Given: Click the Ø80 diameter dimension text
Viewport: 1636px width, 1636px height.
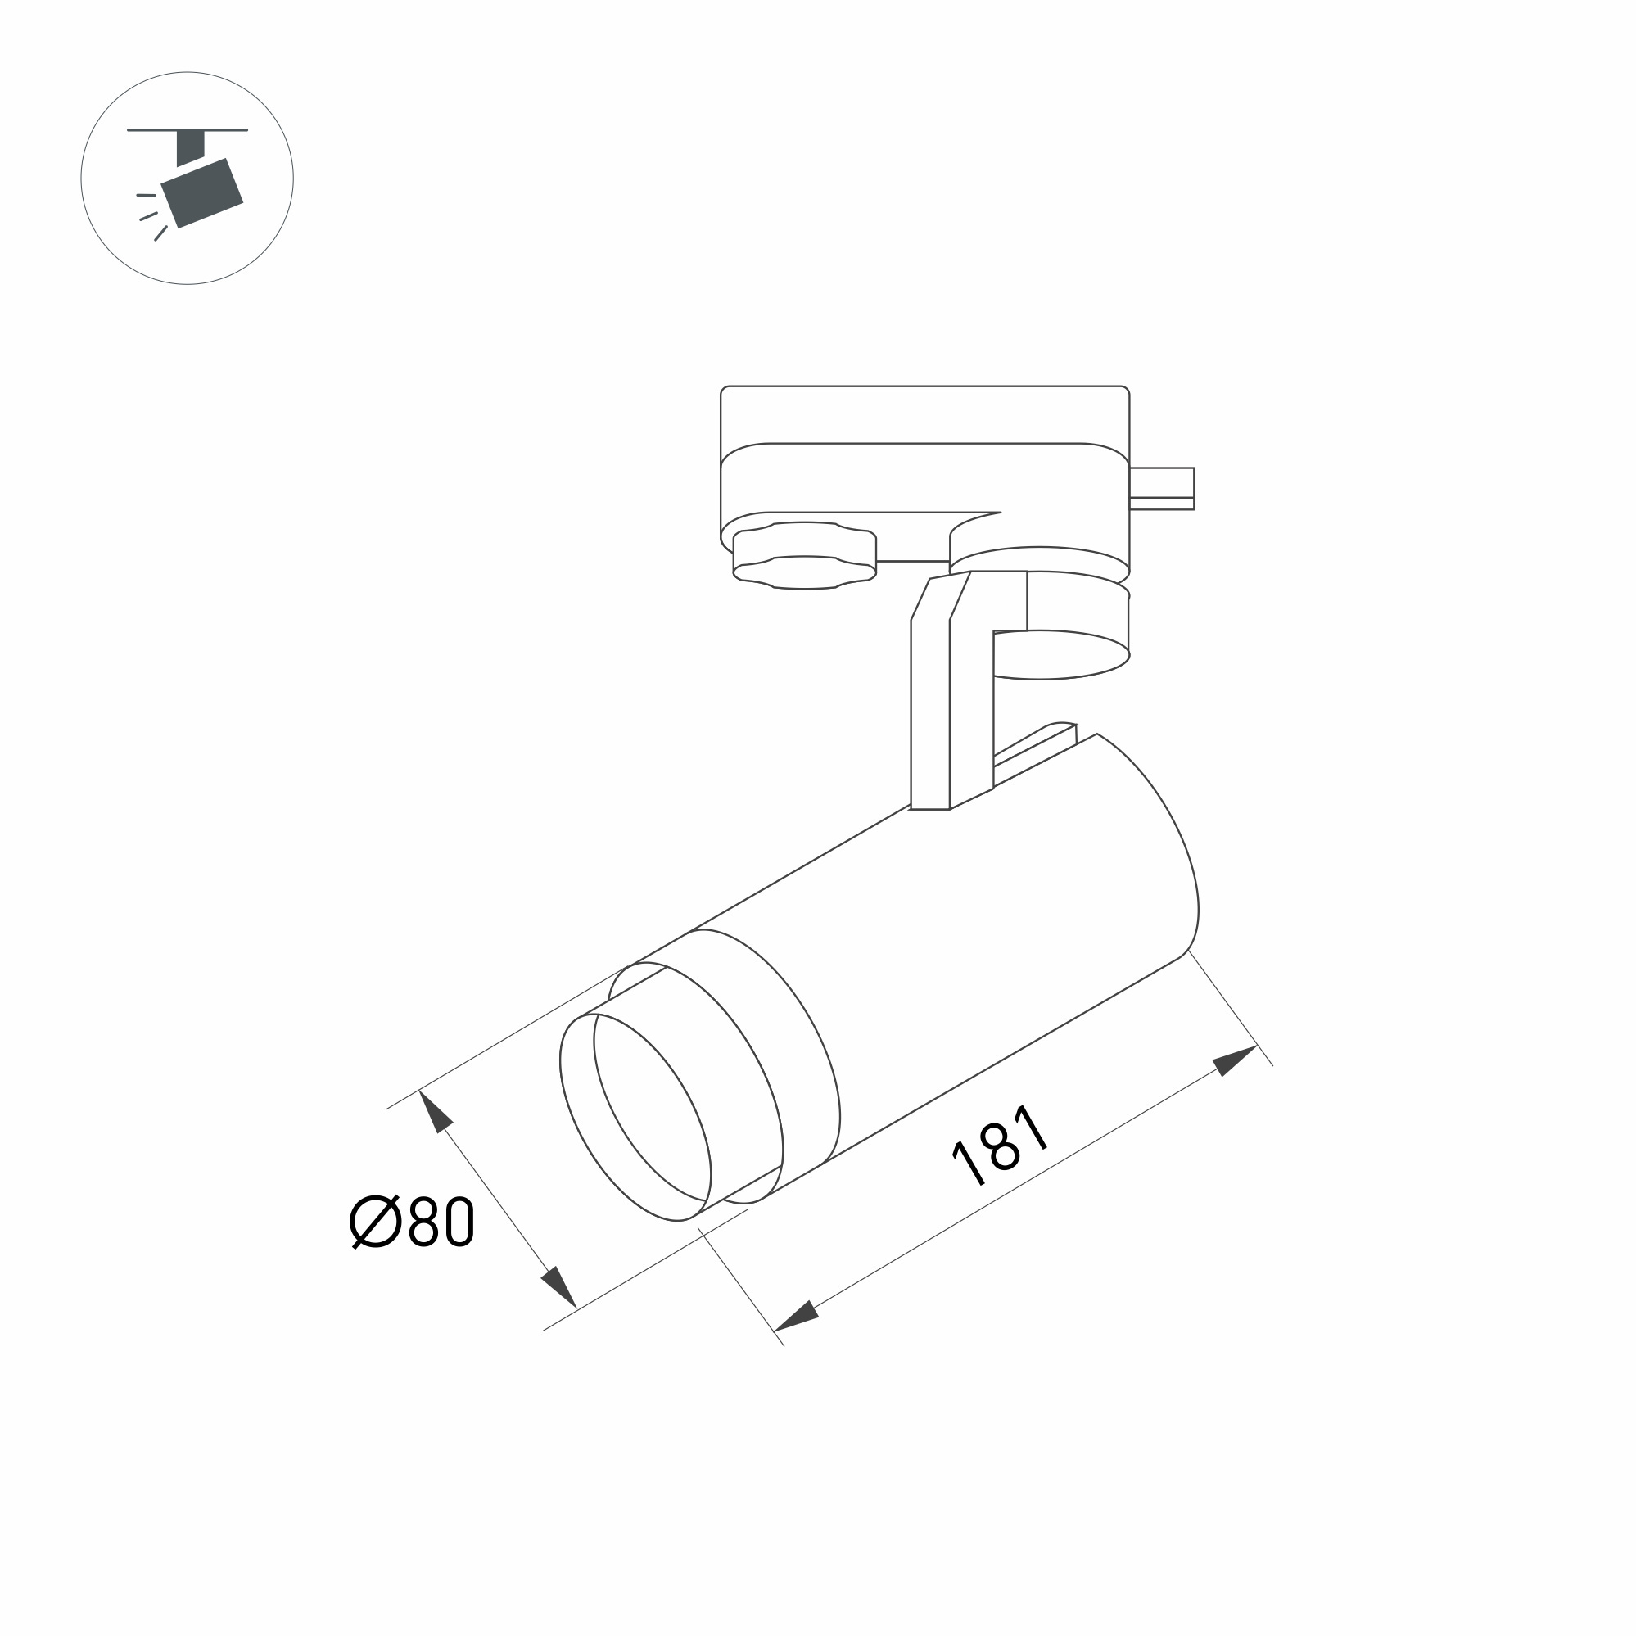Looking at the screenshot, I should tap(412, 1222).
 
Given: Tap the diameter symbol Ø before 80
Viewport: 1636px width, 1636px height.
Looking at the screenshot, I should tap(373, 1222).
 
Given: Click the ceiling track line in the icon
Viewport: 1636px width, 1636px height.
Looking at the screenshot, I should tap(188, 130).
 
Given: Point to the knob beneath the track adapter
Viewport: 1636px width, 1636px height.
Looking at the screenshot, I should tap(803, 555).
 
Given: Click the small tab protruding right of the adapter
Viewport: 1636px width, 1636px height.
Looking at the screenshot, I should tap(1161, 488).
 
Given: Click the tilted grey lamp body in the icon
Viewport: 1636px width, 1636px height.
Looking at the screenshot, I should tap(202, 193).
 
